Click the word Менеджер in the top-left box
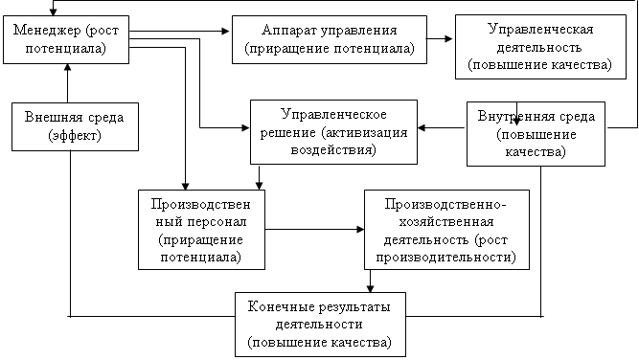[x=47, y=31]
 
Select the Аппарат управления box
[x=330, y=39]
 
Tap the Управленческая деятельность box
[x=540, y=47]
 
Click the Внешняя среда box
[x=75, y=126]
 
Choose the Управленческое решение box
[x=333, y=132]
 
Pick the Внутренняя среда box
[x=536, y=134]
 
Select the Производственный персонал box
[x=202, y=230]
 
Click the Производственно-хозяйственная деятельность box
[x=446, y=230]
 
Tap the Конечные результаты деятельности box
[x=320, y=325]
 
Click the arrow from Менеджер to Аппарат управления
[x=180, y=31]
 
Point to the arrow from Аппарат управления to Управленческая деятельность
[x=440, y=38]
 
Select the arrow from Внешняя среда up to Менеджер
[x=68, y=83]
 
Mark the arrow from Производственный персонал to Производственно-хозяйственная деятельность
[x=314, y=229]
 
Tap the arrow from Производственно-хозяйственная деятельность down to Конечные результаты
[x=370, y=281]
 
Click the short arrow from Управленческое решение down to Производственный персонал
[x=259, y=177]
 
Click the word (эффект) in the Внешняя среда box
[x=75, y=135]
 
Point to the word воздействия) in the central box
[x=333, y=149]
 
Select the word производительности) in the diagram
[x=446, y=258]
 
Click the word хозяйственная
[x=446, y=222]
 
